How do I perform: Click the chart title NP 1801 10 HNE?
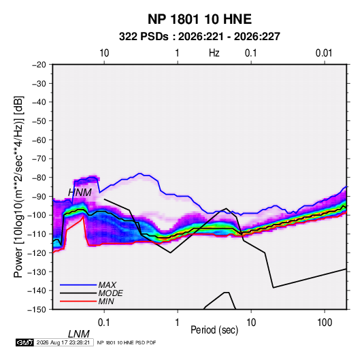tap(199, 19)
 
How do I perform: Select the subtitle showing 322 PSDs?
tap(199, 37)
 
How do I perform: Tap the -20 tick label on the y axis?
tap(39, 65)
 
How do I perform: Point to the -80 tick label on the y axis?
tap(39, 178)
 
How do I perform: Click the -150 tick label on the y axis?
tap(37, 310)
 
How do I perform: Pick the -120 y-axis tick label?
tap(37, 252)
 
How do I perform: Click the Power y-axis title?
tap(18, 187)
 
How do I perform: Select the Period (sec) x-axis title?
tap(214, 330)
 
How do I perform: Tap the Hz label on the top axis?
tap(214, 53)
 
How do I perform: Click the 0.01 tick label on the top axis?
tap(324, 53)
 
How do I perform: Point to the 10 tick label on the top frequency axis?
tap(104, 53)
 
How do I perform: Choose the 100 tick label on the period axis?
tap(325, 323)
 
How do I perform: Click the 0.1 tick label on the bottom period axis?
tap(104, 323)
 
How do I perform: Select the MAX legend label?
tap(107, 284)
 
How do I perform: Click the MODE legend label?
tap(110, 293)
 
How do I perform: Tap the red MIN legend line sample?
tap(78, 301)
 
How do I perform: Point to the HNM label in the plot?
tap(80, 193)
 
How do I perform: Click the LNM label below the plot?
tap(78, 334)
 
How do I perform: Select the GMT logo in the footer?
tap(24, 342)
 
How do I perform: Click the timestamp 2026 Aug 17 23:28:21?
tap(63, 342)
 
